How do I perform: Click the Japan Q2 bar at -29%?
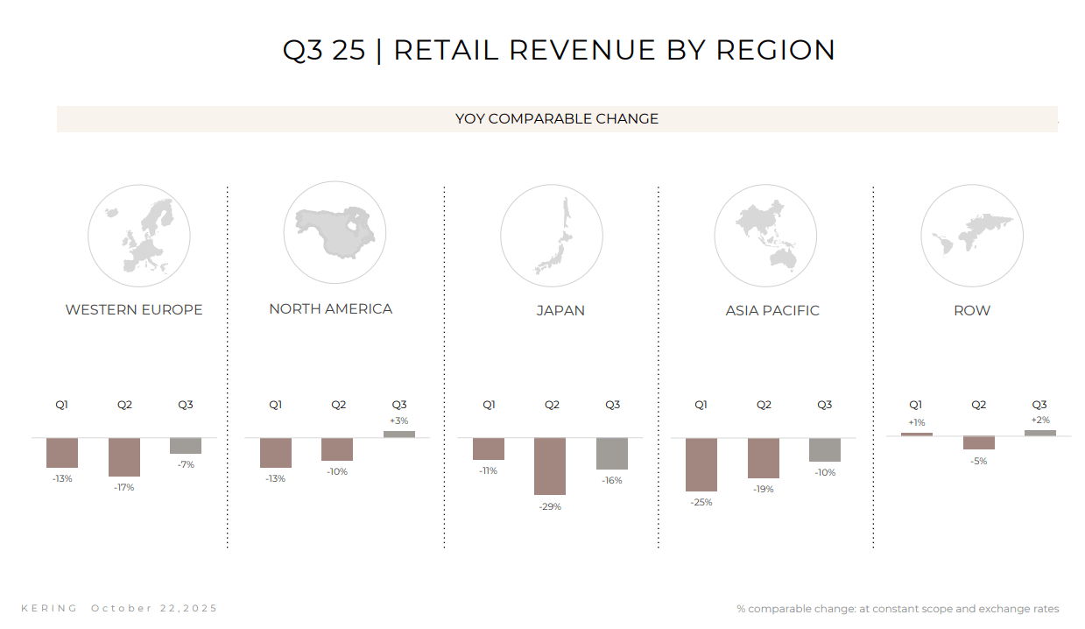(x=550, y=466)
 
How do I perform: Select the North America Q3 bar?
(x=399, y=434)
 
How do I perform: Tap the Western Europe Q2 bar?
(x=124, y=456)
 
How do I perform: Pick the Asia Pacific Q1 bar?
(x=701, y=464)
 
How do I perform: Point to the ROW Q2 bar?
(x=979, y=443)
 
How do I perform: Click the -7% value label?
(x=186, y=464)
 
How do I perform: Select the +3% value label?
(x=399, y=421)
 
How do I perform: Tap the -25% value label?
(x=701, y=503)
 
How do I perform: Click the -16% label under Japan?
(x=612, y=480)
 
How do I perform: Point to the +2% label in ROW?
(x=1039, y=421)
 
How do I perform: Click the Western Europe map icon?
(x=138, y=235)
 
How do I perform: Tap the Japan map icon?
(x=551, y=235)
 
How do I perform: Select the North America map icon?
(x=335, y=233)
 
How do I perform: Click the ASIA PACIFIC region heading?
(x=772, y=311)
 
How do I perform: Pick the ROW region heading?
(x=972, y=311)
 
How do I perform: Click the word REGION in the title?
(x=776, y=50)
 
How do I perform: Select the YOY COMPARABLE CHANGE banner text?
(x=557, y=119)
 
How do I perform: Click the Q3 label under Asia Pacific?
(x=825, y=405)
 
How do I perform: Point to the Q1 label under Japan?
(x=489, y=405)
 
